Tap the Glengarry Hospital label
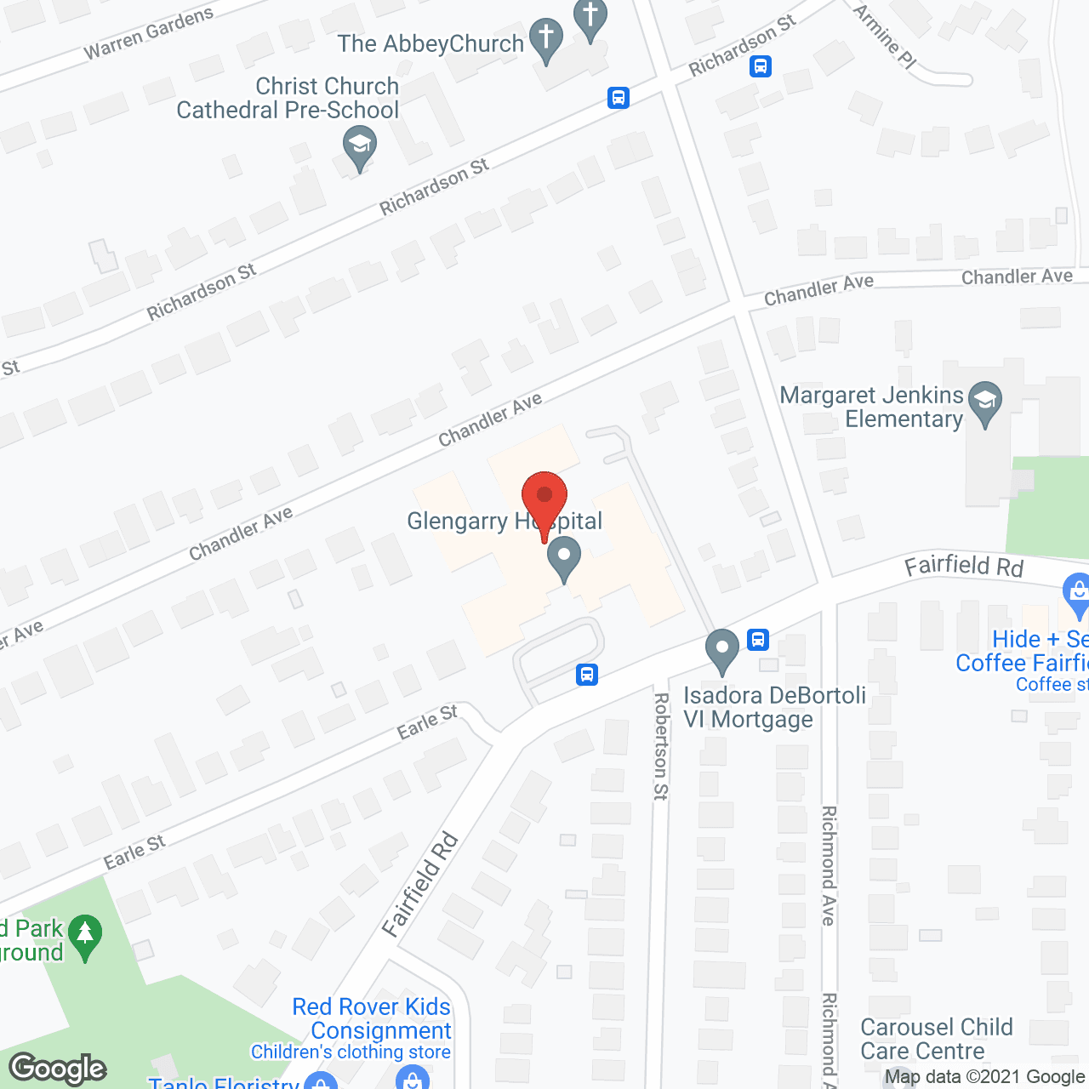point(505,521)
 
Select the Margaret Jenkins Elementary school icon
point(985,402)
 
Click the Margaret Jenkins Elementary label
point(872,408)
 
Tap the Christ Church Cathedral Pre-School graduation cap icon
point(360,146)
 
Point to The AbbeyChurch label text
point(430,44)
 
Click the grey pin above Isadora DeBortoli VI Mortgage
point(722,651)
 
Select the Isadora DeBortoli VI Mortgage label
point(774,707)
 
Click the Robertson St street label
point(661,746)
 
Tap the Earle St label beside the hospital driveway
point(427,721)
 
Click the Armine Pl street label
point(885,37)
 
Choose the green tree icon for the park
point(84,936)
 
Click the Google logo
point(58,1069)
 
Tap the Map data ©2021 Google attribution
point(985,1077)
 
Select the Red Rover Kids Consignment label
point(372,1018)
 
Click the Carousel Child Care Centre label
point(936,1039)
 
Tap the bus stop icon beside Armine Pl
point(761,66)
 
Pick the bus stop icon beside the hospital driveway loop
point(586,675)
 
